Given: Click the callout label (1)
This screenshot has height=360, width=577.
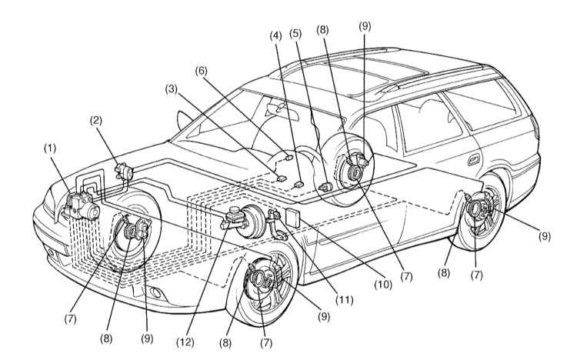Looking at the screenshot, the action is pyautogui.click(x=50, y=148).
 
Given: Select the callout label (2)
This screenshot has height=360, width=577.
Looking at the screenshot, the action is pyautogui.click(x=96, y=121).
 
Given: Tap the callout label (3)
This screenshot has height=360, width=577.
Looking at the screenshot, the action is pyautogui.click(x=171, y=89).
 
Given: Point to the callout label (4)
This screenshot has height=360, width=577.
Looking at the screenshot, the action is pyautogui.click(x=275, y=36).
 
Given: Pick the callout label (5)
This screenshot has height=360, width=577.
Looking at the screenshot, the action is pyautogui.click(x=295, y=34).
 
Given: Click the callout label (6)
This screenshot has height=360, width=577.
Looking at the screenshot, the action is pyautogui.click(x=201, y=71).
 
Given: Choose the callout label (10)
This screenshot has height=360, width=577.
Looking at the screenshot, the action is pyautogui.click(x=383, y=284).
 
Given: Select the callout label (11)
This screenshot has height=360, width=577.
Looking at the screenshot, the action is pyautogui.click(x=344, y=300).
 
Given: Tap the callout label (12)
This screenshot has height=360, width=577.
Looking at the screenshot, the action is pyautogui.click(x=185, y=342).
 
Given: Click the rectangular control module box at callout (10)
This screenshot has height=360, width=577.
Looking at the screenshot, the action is pyautogui.click(x=292, y=217).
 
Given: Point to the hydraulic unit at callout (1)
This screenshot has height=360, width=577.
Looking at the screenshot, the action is pyautogui.click(x=82, y=206).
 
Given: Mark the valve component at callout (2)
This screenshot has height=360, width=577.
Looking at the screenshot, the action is pyautogui.click(x=124, y=172).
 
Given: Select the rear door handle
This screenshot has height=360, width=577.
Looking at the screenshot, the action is pyautogui.click(x=474, y=160).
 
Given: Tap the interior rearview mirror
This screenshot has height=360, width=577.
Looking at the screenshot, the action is pyautogui.click(x=278, y=108).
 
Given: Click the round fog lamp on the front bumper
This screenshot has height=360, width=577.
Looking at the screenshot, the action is pyautogui.click(x=156, y=292).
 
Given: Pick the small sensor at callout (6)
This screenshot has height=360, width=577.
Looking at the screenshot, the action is pyautogui.click(x=288, y=158).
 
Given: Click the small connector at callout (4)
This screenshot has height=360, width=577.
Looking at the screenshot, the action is pyautogui.click(x=299, y=184).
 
